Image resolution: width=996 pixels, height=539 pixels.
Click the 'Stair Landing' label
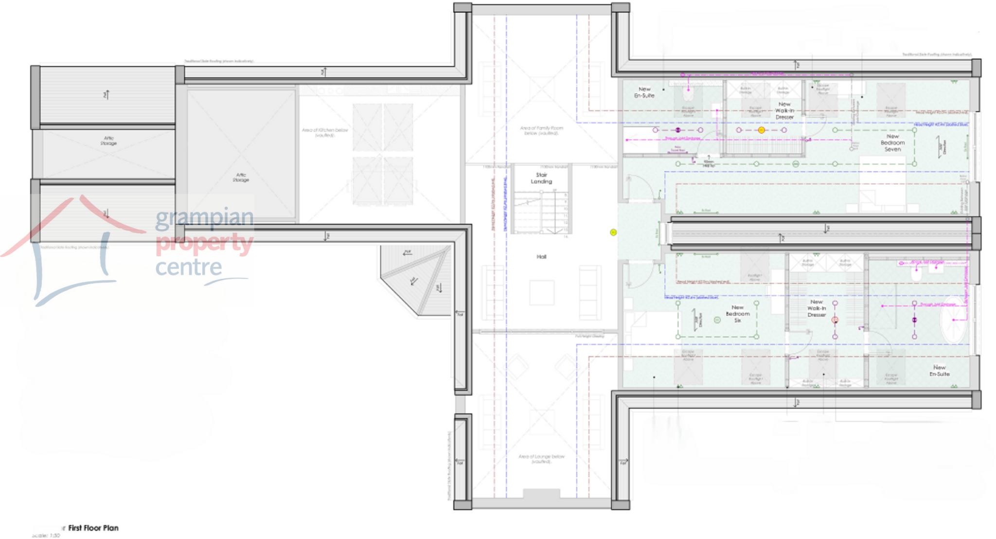[541, 178]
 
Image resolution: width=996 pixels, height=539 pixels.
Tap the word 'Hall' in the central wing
[541, 257]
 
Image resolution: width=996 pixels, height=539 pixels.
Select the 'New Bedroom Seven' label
[892, 143]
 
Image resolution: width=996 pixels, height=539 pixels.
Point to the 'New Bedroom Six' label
[737, 314]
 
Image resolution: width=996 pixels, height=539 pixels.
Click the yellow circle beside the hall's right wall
[613, 233]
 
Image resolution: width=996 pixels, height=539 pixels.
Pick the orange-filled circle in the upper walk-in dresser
[761, 130]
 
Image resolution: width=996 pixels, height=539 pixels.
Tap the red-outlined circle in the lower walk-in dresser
[835, 320]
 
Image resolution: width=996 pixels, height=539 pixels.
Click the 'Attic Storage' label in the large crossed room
[241, 177]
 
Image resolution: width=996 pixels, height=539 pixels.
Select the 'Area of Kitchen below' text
[325, 132]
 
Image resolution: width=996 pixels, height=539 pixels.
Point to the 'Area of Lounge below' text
[541, 459]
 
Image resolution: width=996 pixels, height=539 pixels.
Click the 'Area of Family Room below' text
[541, 130]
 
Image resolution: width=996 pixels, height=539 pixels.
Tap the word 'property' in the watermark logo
[204, 243]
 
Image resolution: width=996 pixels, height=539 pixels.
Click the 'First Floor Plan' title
[93, 528]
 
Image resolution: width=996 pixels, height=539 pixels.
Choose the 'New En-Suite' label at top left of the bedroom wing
[644, 92]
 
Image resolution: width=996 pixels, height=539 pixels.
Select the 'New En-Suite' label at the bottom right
[939, 371]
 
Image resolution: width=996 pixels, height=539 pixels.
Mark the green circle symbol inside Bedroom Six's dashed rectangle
[717, 320]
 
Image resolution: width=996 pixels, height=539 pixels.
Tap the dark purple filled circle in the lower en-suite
[914, 320]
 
